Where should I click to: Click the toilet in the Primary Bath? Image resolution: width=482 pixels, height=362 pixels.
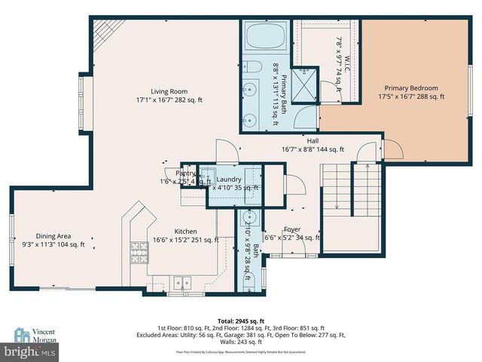[x=254, y=66]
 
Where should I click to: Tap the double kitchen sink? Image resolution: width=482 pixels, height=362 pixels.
[x=183, y=282]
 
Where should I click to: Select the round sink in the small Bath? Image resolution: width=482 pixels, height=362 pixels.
[x=251, y=219]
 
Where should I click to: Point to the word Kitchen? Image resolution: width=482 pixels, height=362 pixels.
[x=185, y=232]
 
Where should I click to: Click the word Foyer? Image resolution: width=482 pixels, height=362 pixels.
[x=292, y=229]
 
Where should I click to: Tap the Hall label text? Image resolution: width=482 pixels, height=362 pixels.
[x=313, y=140]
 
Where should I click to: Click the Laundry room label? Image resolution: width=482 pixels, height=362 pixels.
[x=229, y=179]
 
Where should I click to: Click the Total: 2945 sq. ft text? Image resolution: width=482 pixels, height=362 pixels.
[x=240, y=320]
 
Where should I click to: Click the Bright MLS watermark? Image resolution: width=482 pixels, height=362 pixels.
[x=30, y=351]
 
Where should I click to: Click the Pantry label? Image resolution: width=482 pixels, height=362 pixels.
[x=186, y=173]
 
